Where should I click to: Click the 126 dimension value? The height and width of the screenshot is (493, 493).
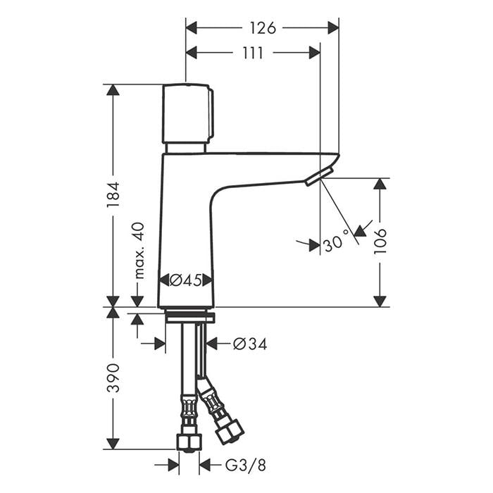[x=261, y=28]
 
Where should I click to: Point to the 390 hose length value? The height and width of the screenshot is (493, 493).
[x=113, y=378]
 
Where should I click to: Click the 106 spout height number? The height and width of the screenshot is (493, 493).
[x=380, y=242]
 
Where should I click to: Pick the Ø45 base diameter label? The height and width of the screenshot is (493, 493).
[x=186, y=280]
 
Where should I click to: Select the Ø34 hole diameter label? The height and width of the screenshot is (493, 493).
[x=249, y=344]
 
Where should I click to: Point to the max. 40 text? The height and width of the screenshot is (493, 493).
[x=138, y=250]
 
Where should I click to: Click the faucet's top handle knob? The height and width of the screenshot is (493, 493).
[x=187, y=113]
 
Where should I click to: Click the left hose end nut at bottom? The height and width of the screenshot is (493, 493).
[x=189, y=442]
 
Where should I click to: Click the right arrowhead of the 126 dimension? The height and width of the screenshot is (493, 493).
[x=333, y=28]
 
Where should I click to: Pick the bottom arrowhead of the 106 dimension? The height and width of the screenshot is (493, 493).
[x=380, y=301]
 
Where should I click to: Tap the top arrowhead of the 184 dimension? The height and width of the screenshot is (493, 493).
[x=113, y=90]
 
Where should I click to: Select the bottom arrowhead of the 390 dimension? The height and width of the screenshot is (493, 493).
[x=113, y=444]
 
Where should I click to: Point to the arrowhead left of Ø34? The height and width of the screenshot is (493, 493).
[x=212, y=344]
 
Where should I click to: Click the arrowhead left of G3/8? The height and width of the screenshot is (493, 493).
[x=206, y=465]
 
